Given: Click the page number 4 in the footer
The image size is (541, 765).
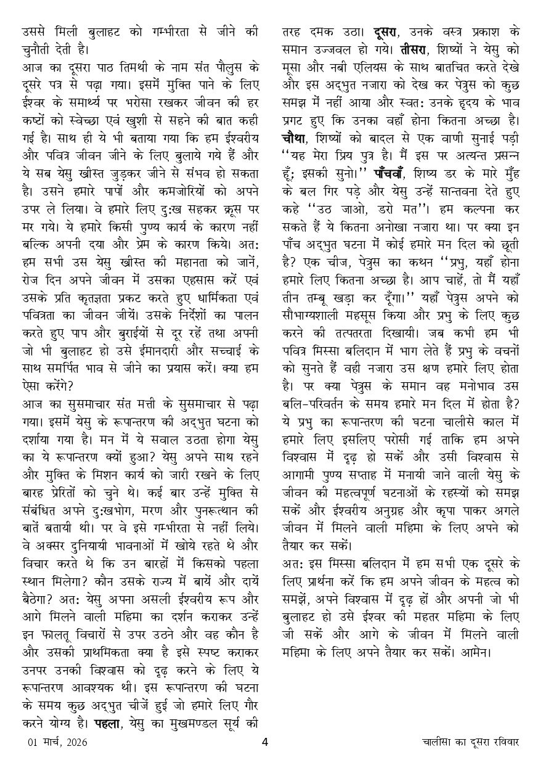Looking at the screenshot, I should [264, 742].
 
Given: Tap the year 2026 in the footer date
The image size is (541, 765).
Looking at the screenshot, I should [75, 742].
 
